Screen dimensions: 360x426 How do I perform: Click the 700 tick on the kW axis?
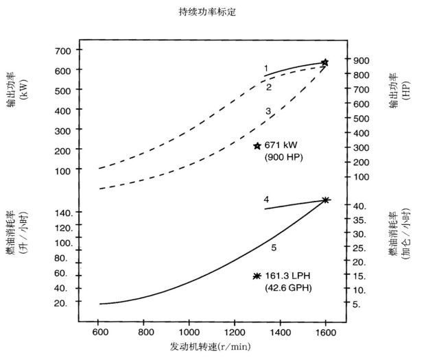point(62,51)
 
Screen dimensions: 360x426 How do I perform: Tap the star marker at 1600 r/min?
point(325,62)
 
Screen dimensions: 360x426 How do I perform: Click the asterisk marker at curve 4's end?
point(326,200)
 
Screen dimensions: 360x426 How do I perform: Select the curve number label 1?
point(265,68)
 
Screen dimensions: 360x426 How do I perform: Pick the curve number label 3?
point(269,110)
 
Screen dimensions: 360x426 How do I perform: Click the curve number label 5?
point(273,247)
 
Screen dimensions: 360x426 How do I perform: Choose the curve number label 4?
point(266,199)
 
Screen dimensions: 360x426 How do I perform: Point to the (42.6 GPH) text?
point(288,288)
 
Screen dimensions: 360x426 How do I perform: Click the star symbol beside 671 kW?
point(257,146)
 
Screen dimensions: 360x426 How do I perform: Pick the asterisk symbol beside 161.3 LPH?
point(257,276)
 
